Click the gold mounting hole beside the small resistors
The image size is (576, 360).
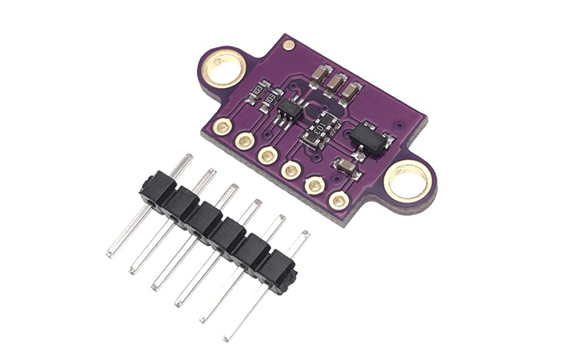click(225, 68)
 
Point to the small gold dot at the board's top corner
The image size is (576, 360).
click(289, 45)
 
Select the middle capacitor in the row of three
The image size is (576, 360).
click(334, 84)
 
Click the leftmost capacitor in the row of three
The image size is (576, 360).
click(318, 77)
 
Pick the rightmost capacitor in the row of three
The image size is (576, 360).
click(350, 91)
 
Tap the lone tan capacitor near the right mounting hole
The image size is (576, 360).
click(346, 166)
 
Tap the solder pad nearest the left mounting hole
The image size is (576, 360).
click(223, 126)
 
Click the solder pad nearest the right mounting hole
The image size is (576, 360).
click(338, 201)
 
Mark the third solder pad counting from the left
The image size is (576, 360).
click(268, 155)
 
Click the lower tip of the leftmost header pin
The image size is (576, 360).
click(109, 254)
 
